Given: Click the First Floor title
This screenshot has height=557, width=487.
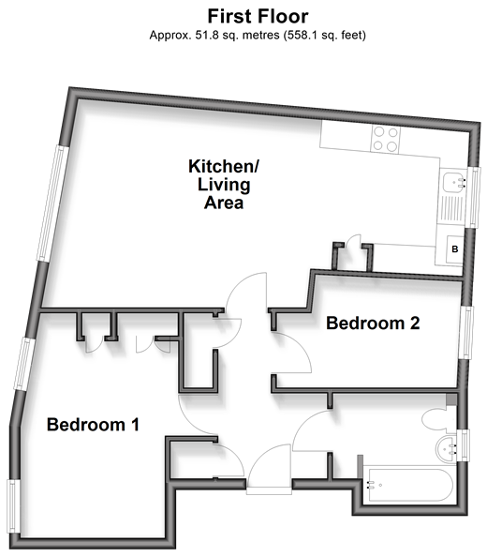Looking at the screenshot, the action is pyautogui.click(x=258, y=16).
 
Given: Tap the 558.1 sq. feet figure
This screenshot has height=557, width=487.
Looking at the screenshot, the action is pyautogui.click(x=325, y=36).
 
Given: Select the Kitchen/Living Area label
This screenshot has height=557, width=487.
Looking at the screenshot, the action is pyautogui.click(x=224, y=185).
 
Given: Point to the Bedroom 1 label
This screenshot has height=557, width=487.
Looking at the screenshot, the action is pyautogui.click(x=93, y=425).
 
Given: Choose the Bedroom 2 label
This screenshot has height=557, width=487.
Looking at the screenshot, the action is pyautogui.click(x=373, y=323).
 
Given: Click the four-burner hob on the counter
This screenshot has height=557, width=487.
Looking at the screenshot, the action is pyautogui.click(x=386, y=140).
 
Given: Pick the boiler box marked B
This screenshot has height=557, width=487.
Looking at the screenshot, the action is pyautogui.click(x=455, y=249).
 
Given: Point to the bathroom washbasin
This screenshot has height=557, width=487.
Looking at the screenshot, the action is pyautogui.click(x=447, y=448).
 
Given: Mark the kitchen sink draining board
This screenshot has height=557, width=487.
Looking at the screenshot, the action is pyautogui.click(x=451, y=208).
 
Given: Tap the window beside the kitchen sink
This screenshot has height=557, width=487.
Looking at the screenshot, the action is pyautogui.click(x=474, y=197).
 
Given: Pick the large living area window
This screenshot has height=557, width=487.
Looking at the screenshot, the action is pyautogui.click(x=52, y=203).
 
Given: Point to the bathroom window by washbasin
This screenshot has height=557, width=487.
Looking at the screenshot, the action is pyautogui.click(x=463, y=445).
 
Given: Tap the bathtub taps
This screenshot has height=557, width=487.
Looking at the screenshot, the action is pyautogui.click(x=371, y=485).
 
